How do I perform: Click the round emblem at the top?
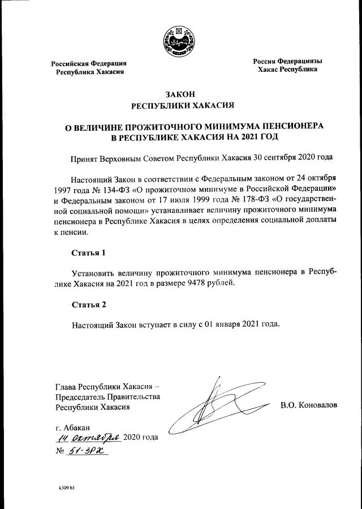pyautogui.click(x=181, y=40)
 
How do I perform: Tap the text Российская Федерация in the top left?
pyautogui.click(x=89, y=63)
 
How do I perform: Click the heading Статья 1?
pyautogui.click(x=89, y=252)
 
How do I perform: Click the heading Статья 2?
pyautogui.click(x=89, y=305)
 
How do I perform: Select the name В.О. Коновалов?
pyautogui.click(x=308, y=406)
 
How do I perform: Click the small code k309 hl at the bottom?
pyautogui.click(x=67, y=487)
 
